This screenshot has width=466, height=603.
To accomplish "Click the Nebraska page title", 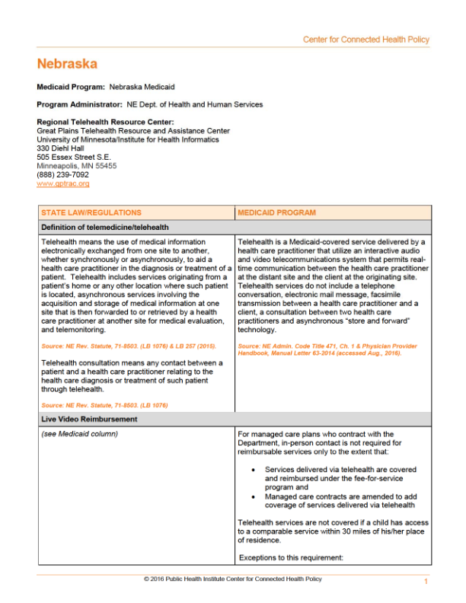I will click(67, 64).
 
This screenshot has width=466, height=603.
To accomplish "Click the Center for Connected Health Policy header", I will click(365, 40).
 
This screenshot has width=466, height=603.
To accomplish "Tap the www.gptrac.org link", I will click(63, 183).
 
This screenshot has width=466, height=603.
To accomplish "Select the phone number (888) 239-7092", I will click(62, 174).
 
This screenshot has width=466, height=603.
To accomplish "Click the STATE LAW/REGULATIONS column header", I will click(91, 212).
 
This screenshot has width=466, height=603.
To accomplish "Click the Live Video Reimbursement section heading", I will click(90, 420).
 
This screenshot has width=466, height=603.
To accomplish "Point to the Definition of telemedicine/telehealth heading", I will click(105, 227).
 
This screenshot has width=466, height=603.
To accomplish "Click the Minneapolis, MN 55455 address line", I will click(77, 165).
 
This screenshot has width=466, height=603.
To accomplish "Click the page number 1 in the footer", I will click(426, 582).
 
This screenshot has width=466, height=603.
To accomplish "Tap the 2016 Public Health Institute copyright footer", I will click(232, 579).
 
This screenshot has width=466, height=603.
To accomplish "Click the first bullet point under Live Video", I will click(252, 471).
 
